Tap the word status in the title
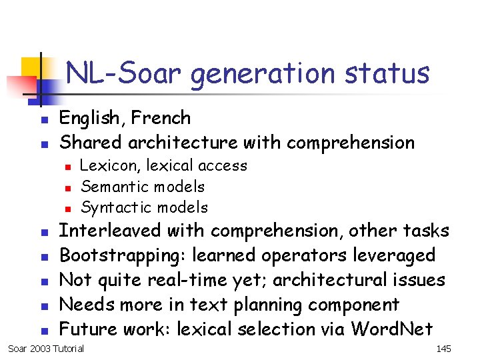pyautogui.click(x=387, y=73)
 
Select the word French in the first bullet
pyautogui.click(x=161, y=118)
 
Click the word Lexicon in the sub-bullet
pyautogui.click(x=105, y=165)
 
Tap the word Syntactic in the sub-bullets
pyautogui.click(x=112, y=207)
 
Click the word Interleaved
pyautogui.click(x=110, y=231)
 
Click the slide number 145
pyautogui.click(x=443, y=349)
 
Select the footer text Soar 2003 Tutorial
pyautogui.click(x=46, y=349)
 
